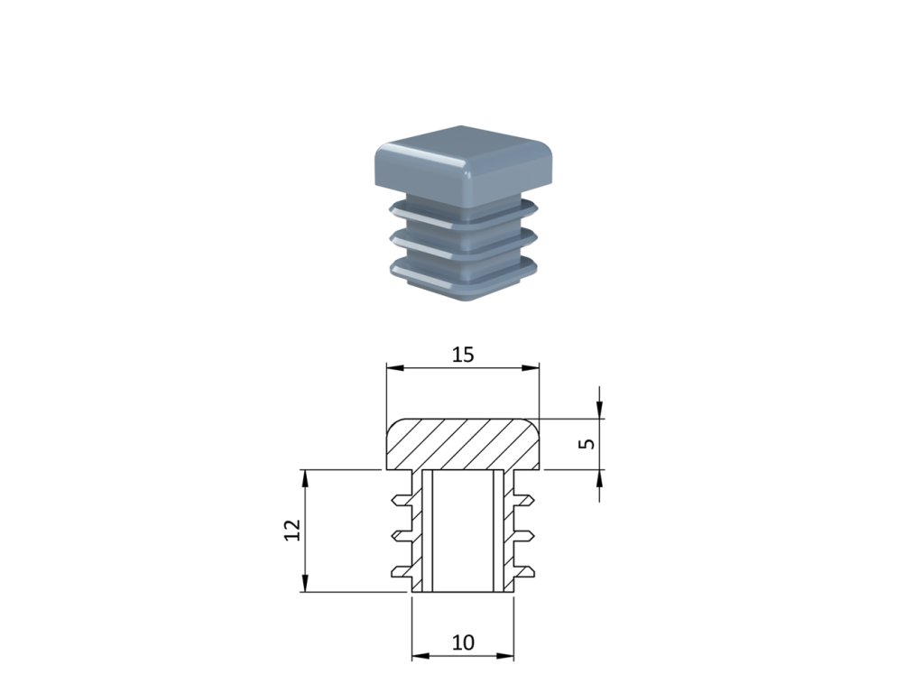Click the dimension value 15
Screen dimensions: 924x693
(462, 355)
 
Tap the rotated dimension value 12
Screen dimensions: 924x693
(291, 531)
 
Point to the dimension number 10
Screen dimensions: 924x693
(462, 642)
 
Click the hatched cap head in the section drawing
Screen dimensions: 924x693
(462, 444)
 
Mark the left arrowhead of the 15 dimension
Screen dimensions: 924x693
(392, 368)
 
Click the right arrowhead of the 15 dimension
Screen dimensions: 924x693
(532, 368)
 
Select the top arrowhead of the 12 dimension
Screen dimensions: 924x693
(306, 476)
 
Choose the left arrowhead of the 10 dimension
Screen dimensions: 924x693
(418, 656)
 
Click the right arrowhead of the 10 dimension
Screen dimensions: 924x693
(507, 656)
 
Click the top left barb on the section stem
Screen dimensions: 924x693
(400, 499)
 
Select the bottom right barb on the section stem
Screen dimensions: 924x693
(524, 570)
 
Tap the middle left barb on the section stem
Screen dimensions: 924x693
(400, 535)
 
